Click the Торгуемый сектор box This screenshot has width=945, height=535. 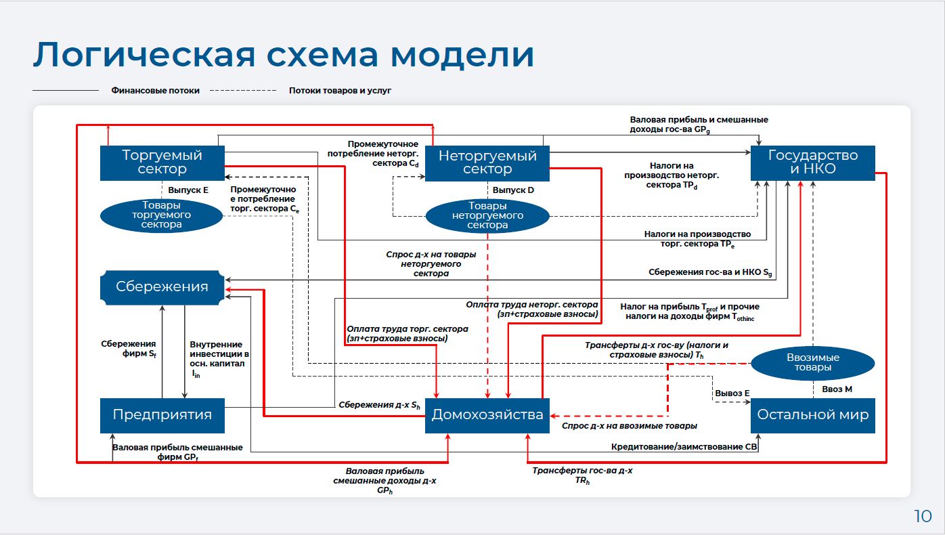(162, 163)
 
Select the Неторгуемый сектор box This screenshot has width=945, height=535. (487, 163)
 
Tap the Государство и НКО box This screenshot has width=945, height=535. (812, 163)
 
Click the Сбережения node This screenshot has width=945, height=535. (162, 286)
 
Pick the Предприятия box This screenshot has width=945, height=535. (162, 414)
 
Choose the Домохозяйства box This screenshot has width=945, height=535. (487, 414)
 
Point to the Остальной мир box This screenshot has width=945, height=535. (812, 414)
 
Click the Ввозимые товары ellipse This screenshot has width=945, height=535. (812, 362)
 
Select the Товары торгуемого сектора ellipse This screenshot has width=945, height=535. (162, 215)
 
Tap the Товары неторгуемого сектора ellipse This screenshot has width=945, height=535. (487, 215)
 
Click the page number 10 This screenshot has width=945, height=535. (922, 517)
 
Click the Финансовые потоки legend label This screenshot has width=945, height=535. (155, 90)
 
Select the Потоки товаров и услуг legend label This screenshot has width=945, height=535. (340, 90)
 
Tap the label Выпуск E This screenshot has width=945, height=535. (188, 190)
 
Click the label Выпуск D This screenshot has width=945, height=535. (513, 190)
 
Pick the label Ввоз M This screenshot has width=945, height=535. (837, 389)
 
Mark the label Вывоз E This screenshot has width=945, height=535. (732, 393)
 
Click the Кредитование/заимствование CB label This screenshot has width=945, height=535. (684, 447)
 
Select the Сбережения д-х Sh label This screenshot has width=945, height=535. (379, 405)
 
